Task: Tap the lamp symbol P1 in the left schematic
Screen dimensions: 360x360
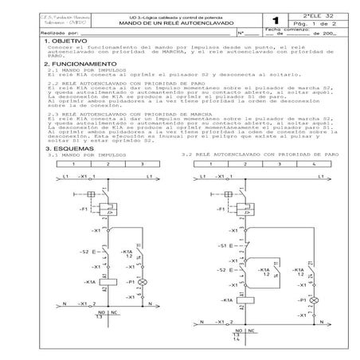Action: point(143,283)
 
